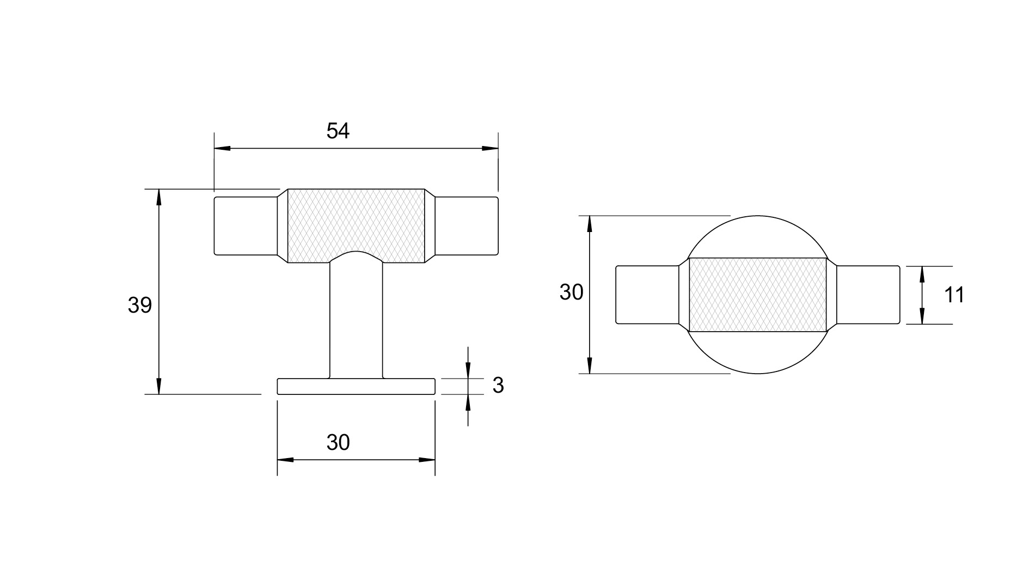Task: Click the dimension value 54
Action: click(x=338, y=131)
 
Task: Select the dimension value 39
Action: click(x=139, y=306)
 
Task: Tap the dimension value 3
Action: click(x=498, y=386)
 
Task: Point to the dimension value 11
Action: click(x=954, y=295)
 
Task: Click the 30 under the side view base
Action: click(x=338, y=443)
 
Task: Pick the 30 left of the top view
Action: click(x=571, y=292)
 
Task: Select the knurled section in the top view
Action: click(x=758, y=295)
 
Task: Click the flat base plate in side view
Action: click(x=356, y=386)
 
